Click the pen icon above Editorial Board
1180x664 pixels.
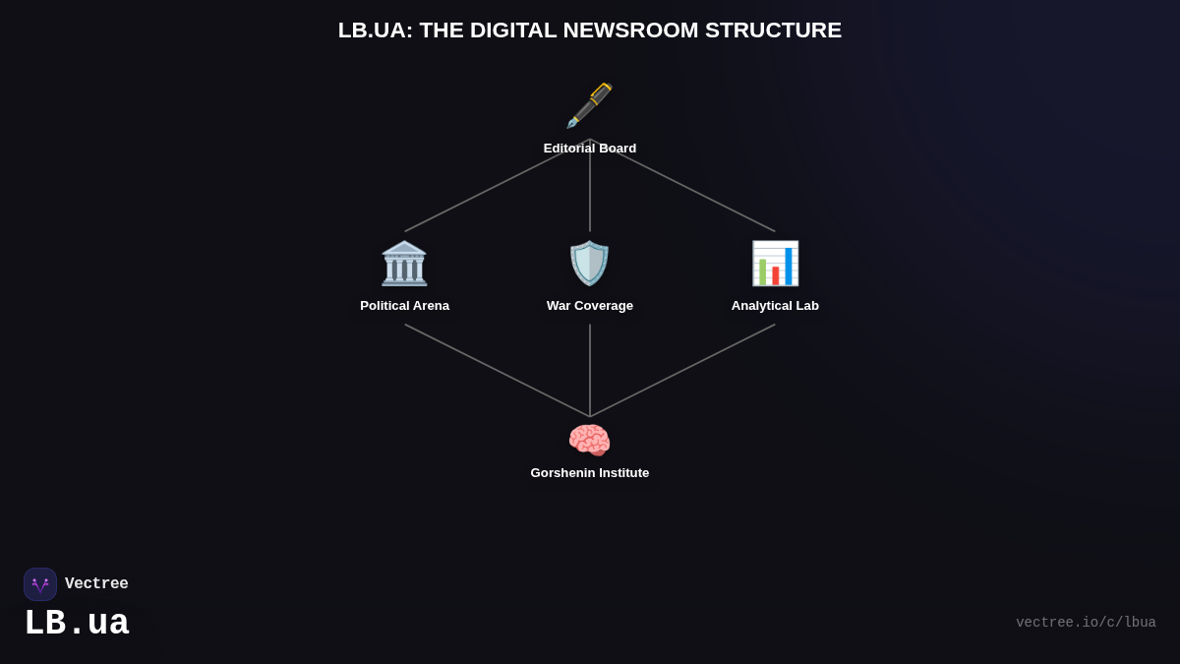(x=589, y=105)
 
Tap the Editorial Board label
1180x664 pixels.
(x=590, y=149)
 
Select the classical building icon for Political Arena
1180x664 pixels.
(x=404, y=264)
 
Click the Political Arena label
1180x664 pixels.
(x=404, y=306)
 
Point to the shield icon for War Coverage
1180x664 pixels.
(x=590, y=264)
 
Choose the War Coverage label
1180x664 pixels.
(x=590, y=306)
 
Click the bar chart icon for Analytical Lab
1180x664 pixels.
(x=775, y=264)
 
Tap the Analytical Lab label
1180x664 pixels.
(x=775, y=306)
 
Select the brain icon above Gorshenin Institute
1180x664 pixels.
(x=590, y=440)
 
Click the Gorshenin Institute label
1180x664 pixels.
(x=590, y=473)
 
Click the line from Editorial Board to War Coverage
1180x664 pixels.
(x=590, y=197)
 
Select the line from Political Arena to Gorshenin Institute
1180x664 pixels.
(x=497, y=370)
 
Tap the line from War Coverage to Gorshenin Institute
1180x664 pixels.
(x=590, y=370)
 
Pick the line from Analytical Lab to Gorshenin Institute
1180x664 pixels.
(x=683, y=370)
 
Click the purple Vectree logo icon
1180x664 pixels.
(x=40, y=584)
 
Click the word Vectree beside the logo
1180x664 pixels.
(x=96, y=584)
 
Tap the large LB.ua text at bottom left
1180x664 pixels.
(x=77, y=624)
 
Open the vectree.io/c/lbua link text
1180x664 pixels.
(x=1086, y=623)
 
